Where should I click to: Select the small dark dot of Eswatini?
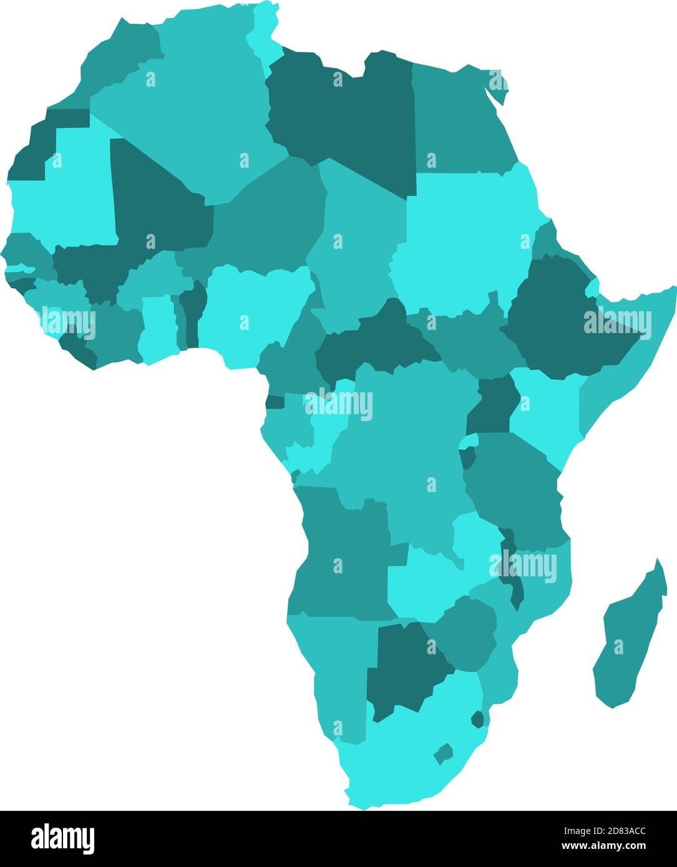[x=477, y=719]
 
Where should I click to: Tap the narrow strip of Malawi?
[x=514, y=580]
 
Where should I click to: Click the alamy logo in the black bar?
[x=62, y=838]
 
